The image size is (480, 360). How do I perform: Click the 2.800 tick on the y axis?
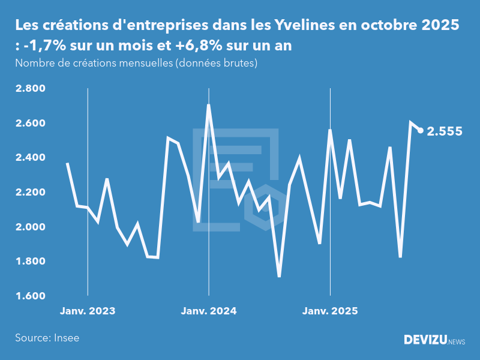pyautogui.click(x=30, y=89)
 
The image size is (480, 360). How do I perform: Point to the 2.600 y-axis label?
pyautogui.click(x=30, y=124)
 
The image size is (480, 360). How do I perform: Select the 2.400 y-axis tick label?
pyautogui.click(x=30, y=158)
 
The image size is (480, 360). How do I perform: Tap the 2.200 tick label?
pyautogui.click(x=30, y=193)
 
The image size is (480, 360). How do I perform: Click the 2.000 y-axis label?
pyautogui.click(x=30, y=227)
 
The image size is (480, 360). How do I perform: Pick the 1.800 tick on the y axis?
pyautogui.click(x=30, y=262)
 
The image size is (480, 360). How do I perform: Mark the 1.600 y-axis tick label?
pyautogui.click(x=30, y=296)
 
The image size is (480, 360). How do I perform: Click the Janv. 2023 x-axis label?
pyautogui.click(x=88, y=311)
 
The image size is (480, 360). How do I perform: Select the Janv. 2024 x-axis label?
pyautogui.click(x=209, y=311)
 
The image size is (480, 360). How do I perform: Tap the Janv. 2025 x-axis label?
pyautogui.click(x=330, y=311)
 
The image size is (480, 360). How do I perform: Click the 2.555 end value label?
pyautogui.click(x=445, y=131)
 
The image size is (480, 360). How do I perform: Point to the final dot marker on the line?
pyautogui.click(x=421, y=130)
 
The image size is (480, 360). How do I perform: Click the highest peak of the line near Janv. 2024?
pyautogui.click(x=208, y=106)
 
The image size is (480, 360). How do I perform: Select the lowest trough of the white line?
pyautogui.click(x=279, y=276)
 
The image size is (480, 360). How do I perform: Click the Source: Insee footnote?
pyautogui.click(x=47, y=338)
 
